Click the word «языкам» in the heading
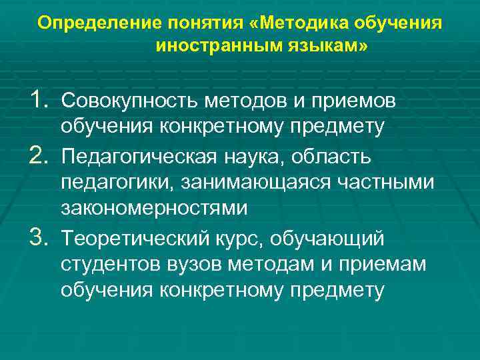pyautogui.click(x=323, y=48)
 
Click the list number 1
pyautogui.click(x=42, y=101)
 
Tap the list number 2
pyautogui.click(x=42, y=155)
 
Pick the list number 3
pyautogui.click(x=42, y=237)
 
